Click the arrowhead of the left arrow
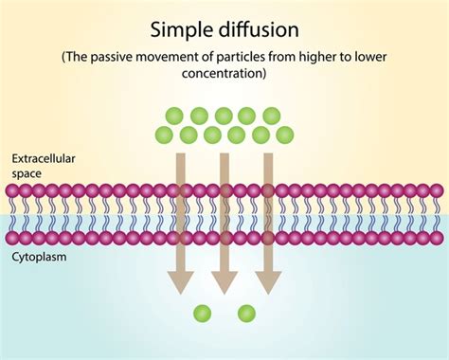(179, 281)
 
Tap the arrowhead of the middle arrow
(224, 281)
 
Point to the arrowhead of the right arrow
(269, 281)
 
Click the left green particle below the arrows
(202, 313)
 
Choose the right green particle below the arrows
(246, 313)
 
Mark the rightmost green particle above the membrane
(281, 135)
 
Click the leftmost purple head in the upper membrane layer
(12, 190)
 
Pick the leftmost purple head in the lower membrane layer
(12, 238)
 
